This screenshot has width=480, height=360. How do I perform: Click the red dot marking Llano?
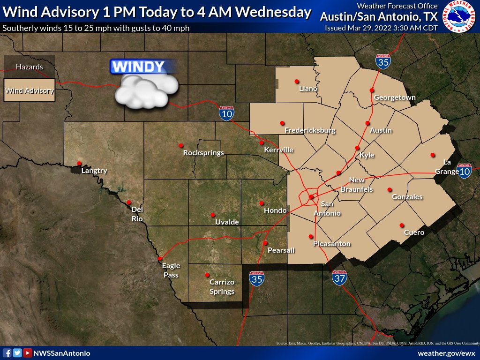coord(297,81)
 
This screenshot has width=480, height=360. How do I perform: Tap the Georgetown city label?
coord(395,97)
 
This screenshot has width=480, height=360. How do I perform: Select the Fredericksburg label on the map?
coord(310,130)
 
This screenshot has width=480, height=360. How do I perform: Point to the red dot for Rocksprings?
coord(181,145)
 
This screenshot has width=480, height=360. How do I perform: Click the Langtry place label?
coord(94,171)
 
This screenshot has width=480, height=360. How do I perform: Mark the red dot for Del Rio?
coord(129,202)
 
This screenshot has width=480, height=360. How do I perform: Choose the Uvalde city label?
coord(227,222)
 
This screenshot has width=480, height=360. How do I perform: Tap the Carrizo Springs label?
coord(222,287)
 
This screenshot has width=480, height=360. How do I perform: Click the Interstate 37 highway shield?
coord(340,278)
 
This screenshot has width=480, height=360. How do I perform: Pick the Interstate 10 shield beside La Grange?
coord(465,171)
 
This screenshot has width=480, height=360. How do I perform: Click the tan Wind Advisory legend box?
coord(29,91)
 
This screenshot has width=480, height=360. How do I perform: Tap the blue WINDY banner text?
coord(139,67)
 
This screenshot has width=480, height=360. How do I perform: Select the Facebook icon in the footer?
coord(7,353)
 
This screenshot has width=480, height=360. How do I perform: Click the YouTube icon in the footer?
coord(28,353)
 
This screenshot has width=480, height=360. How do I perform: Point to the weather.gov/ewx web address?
coord(446,353)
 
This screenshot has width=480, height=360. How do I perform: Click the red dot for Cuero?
coord(401,225)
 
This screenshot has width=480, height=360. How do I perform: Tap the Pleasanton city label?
coord(332,244)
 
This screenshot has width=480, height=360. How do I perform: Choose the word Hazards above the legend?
coord(29,67)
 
